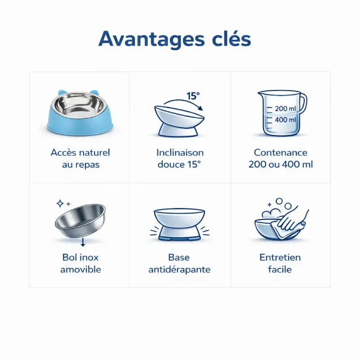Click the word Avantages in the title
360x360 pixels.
click(x=152, y=40)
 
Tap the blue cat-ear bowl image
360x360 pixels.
click(x=80, y=112)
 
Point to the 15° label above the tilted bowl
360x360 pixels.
click(x=193, y=96)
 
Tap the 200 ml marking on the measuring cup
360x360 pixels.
click(x=285, y=108)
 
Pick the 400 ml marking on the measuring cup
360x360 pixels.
click(x=285, y=120)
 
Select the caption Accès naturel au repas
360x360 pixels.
click(x=81, y=158)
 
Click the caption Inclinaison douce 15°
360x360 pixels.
click(x=180, y=158)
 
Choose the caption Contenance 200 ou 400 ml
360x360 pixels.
click(x=280, y=158)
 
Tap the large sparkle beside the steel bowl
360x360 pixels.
click(x=60, y=203)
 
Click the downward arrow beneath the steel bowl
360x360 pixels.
click(x=83, y=242)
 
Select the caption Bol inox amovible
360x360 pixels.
click(x=81, y=263)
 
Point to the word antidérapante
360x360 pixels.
click(x=179, y=269)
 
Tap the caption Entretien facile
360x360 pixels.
click(x=280, y=263)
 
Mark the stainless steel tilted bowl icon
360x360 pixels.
click(x=80, y=220)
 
